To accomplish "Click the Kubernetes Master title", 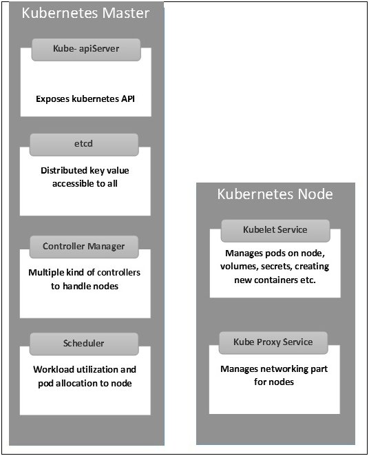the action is click(86, 13).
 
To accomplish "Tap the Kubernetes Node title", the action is click(275, 194).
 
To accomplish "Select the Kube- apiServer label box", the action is click(86, 50).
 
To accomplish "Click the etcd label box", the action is click(84, 145).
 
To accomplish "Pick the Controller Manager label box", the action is click(84, 247).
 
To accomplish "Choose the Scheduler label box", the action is click(84, 344).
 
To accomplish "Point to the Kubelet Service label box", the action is click(275, 231).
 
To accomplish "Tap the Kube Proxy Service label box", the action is click(273, 343).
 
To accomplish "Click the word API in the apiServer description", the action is click(128, 99).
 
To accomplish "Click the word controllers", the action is click(118, 273).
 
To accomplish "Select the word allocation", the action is click(82, 383).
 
